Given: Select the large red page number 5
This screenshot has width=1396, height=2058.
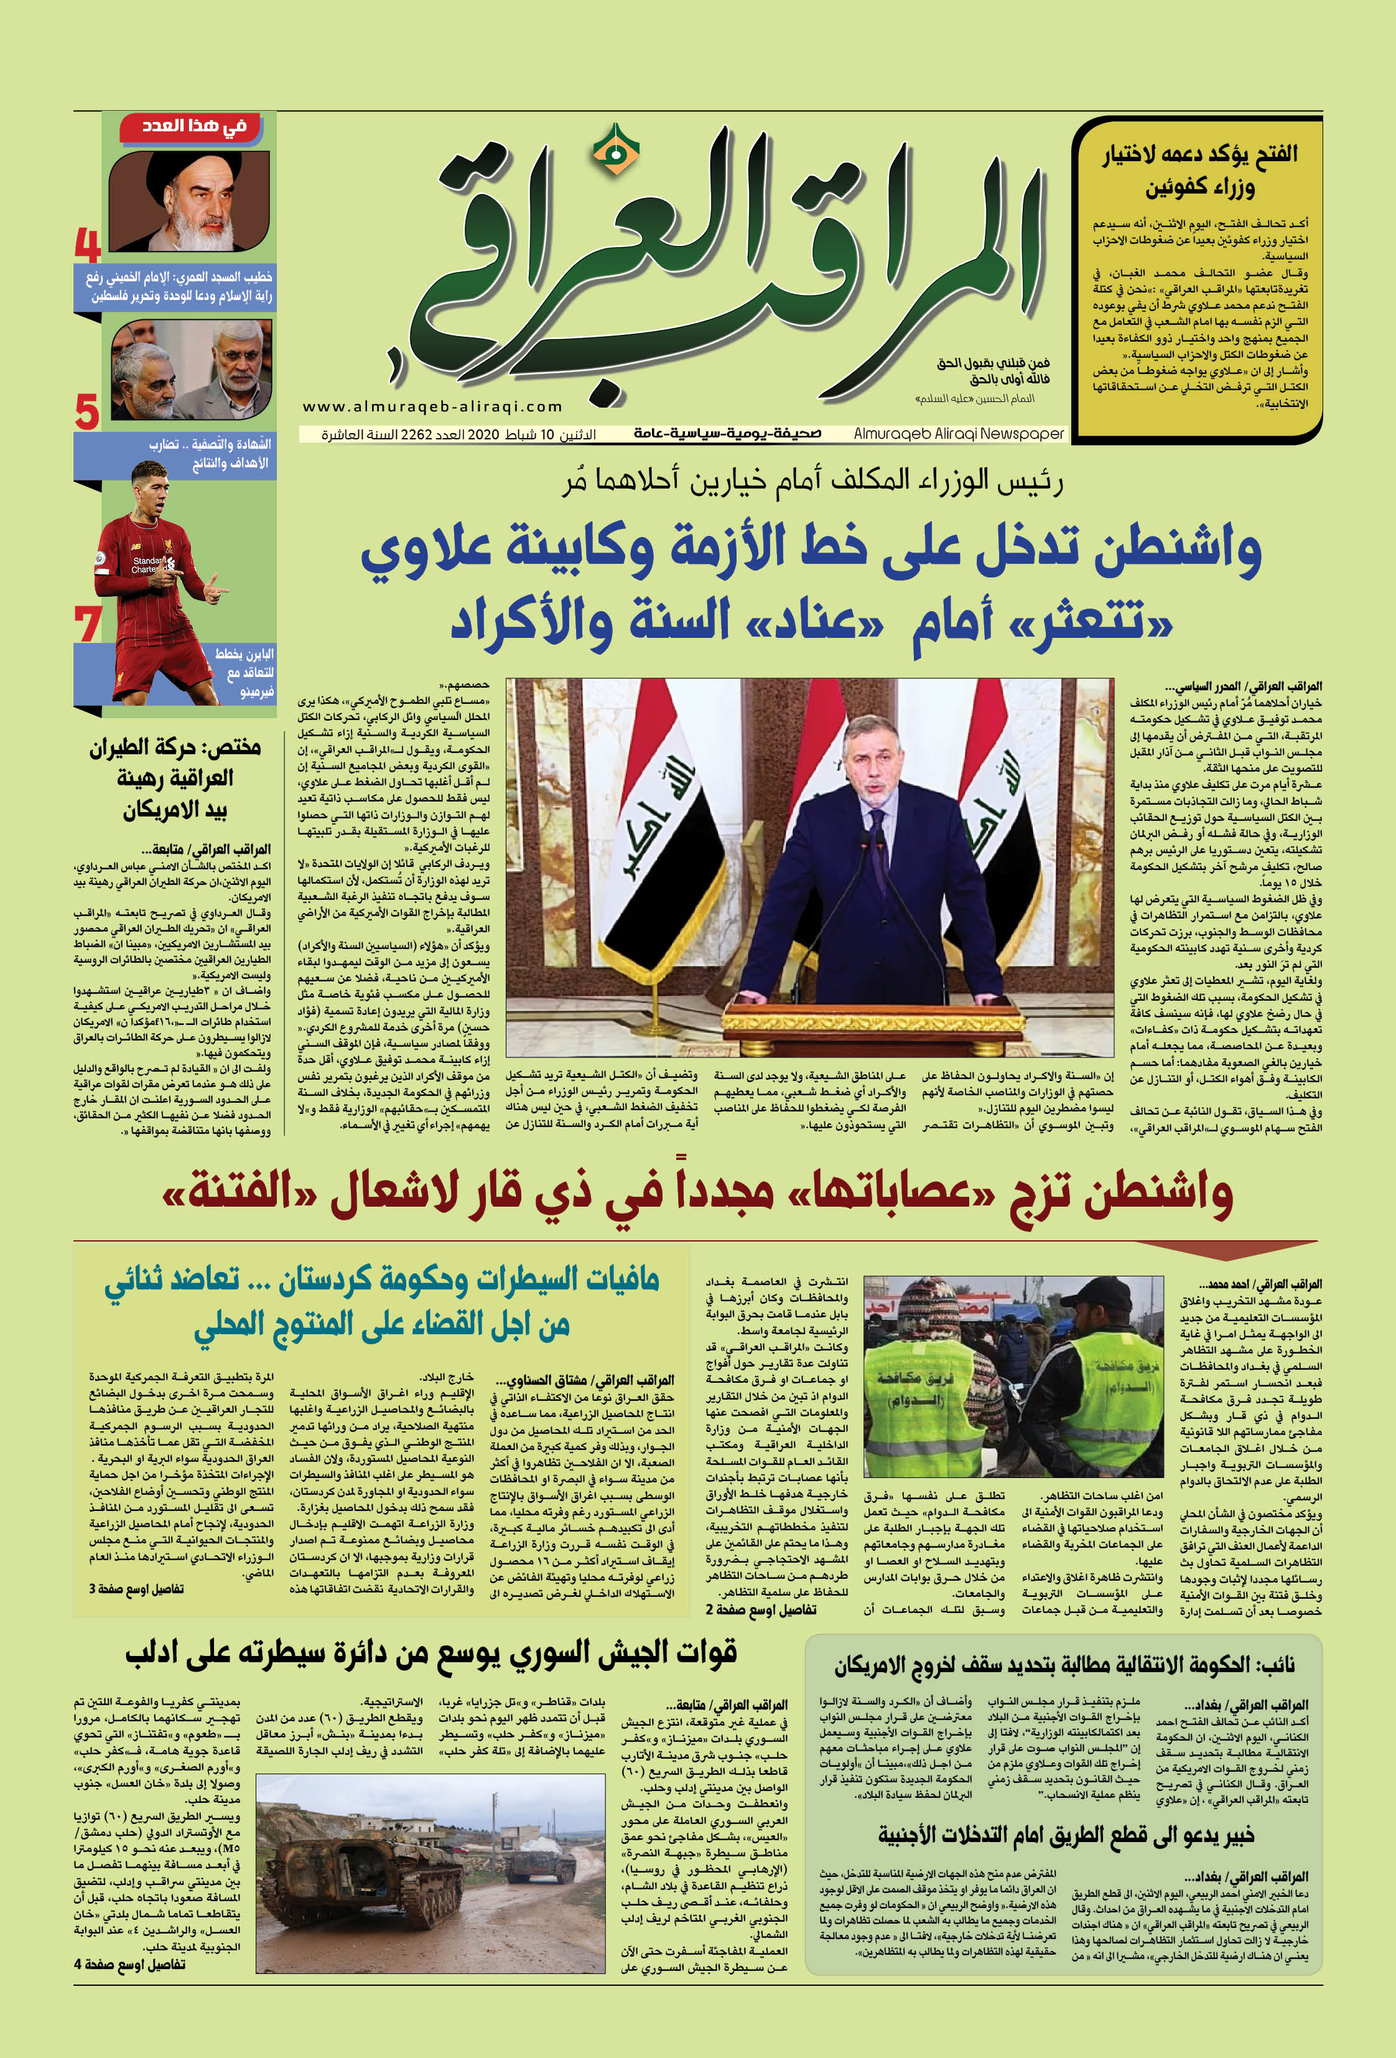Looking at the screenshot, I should click(x=86, y=412).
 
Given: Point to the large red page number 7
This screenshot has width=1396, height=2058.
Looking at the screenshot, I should click(x=88, y=625).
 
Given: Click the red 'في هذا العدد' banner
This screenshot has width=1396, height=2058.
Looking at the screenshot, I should click(x=195, y=126).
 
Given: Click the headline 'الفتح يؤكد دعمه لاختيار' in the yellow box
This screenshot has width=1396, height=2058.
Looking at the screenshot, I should click(x=1199, y=154).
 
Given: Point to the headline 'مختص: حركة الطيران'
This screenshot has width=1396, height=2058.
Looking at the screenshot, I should click(x=175, y=747).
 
